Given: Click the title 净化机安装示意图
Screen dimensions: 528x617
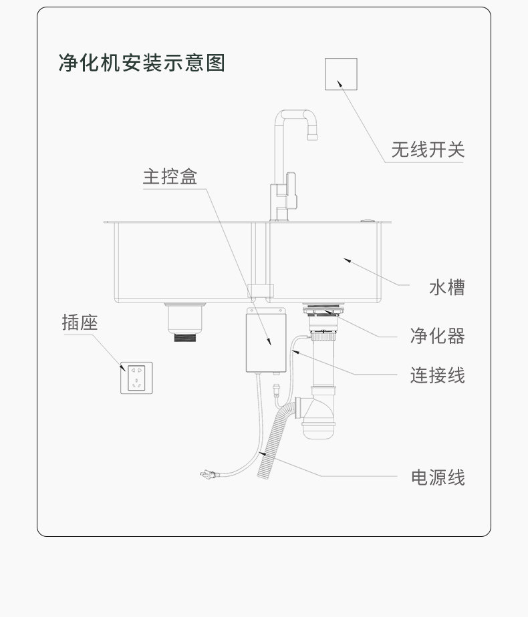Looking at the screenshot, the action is tap(142, 63).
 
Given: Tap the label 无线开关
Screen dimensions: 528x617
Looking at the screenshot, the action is tap(427, 150).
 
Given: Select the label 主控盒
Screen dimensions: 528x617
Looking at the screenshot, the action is tap(170, 176).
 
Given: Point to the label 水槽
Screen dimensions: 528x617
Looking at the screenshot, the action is tap(446, 288).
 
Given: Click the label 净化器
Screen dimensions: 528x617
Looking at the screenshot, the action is tap(437, 336).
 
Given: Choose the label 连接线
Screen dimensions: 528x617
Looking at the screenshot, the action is tap(437, 375).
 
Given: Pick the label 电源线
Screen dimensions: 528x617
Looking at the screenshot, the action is tap(437, 477).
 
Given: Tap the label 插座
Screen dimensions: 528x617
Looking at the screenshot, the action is tap(80, 323).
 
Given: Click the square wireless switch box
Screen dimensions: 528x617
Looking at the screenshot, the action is tap(341, 74).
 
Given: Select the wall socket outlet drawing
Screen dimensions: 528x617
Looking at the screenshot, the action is tap(136, 378).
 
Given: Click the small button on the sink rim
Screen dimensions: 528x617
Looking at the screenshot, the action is tap(366, 219).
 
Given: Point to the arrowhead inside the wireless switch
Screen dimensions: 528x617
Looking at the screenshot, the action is tap(340, 83).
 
